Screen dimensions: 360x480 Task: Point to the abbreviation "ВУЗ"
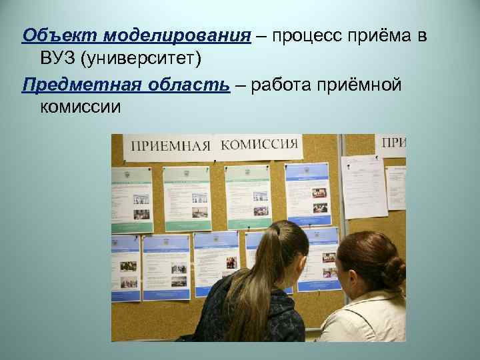tap(57, 60)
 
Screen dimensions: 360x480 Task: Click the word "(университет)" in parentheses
tap(140, 60)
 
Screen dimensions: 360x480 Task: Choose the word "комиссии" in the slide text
tap(81, 108)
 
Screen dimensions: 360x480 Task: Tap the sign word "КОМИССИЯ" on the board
tap(259, 145)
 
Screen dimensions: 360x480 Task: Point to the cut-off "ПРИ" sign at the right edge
tap(394, 142)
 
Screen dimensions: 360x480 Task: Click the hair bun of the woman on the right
tap(393, 270)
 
